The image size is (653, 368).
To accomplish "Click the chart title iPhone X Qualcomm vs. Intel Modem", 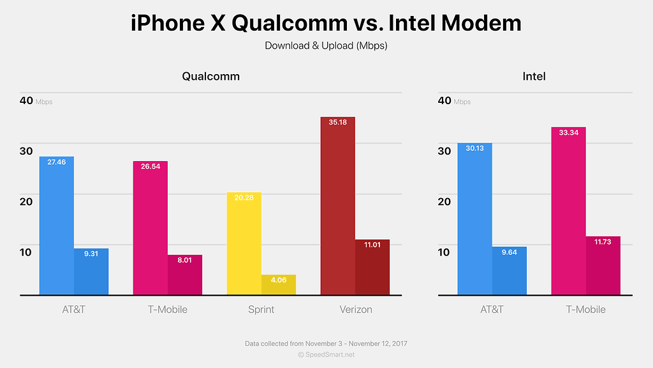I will pos(326,23).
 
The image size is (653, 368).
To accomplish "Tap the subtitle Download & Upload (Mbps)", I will pos(326,45).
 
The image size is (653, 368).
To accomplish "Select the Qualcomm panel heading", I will pos(211,76).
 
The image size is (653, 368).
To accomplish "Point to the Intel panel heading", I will pos(534,76).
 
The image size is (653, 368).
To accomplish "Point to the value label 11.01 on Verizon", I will pos(372,245).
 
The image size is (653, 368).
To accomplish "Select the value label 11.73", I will pos(603,241).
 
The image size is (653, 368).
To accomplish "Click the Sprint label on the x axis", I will pos(261,309).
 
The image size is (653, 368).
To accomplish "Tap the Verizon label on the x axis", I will pos(355,309).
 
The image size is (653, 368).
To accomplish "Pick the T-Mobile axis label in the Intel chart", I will pos(585,309).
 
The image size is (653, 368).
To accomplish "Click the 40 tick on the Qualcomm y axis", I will pos(26,100).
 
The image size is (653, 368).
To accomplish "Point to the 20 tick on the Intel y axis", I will pos(444,201).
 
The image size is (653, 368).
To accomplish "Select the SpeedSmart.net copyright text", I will pos(326,354).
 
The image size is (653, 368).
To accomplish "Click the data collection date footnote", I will pos(326,343).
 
